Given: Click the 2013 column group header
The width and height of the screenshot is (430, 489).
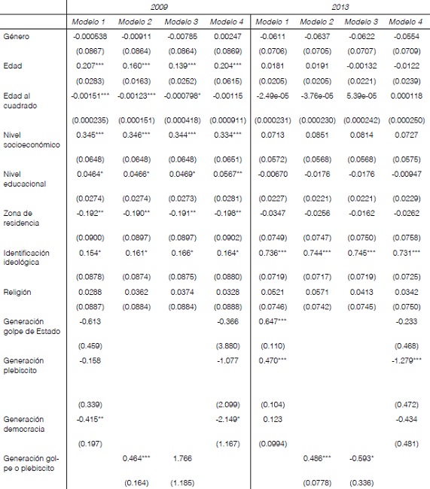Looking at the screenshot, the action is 340,5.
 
